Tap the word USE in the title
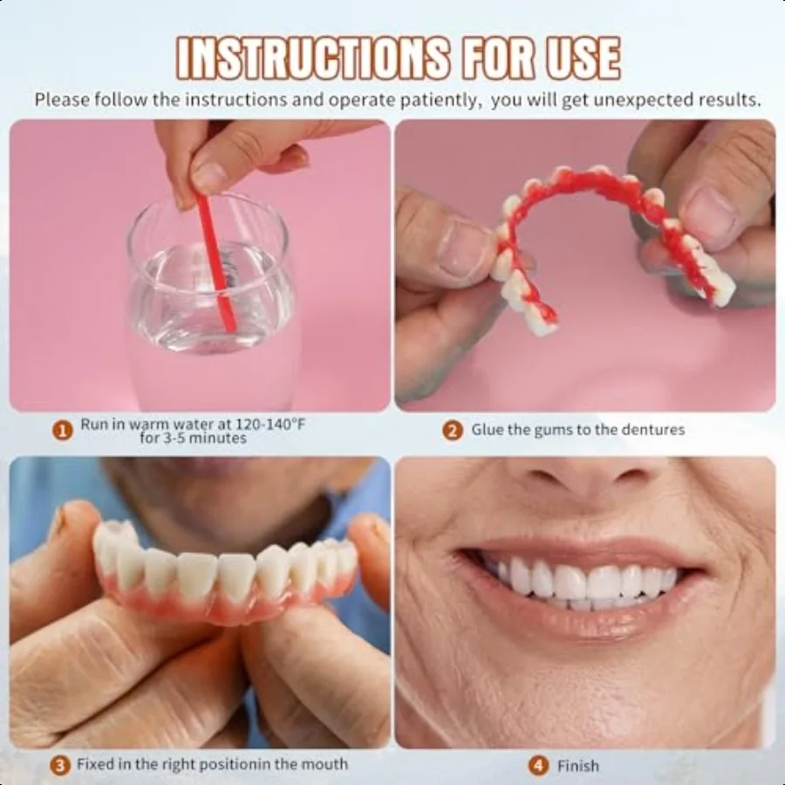pos(578,58)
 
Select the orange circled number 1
pos(62,429)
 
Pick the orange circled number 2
pos(452,429)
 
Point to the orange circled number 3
pos(60,766)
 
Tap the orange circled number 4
pos(538,766)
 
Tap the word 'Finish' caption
pos(578,766)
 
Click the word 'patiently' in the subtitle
pos(435,99)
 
